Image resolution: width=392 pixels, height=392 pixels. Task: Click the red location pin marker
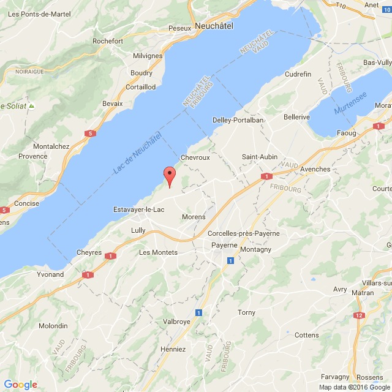[x=170, y=175]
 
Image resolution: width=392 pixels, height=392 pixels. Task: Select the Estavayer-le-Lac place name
[x=139, y=209]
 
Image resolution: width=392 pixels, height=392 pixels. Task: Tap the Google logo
[x=20, y=384]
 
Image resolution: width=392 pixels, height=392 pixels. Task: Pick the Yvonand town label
[x=50, y=274]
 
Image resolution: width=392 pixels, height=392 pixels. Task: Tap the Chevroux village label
[x=195, y=157]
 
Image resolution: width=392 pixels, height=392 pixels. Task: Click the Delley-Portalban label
[x=238, y=120]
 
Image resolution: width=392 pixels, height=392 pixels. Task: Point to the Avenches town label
[x=315, y=168]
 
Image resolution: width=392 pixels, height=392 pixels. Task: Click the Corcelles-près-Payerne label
[x=243, y=233]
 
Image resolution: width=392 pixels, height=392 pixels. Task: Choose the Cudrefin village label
[x=300, y=74]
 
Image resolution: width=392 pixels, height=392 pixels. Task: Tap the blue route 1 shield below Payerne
[x=230, y=261]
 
